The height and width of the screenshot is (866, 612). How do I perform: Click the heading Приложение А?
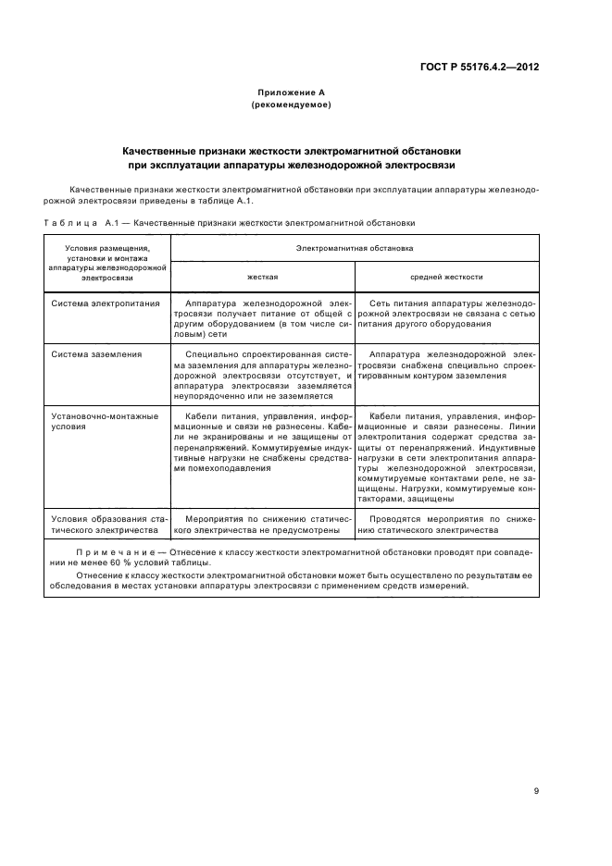coord(291,93)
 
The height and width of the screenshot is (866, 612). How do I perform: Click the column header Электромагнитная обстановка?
coord(355,248)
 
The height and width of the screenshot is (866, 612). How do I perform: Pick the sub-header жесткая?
coord(262,277)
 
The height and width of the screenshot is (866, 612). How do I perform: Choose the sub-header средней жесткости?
coord(446,277)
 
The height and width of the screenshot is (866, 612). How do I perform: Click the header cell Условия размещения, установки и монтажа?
coord(106,262)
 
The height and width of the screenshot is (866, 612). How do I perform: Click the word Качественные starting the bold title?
coord(164,150)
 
